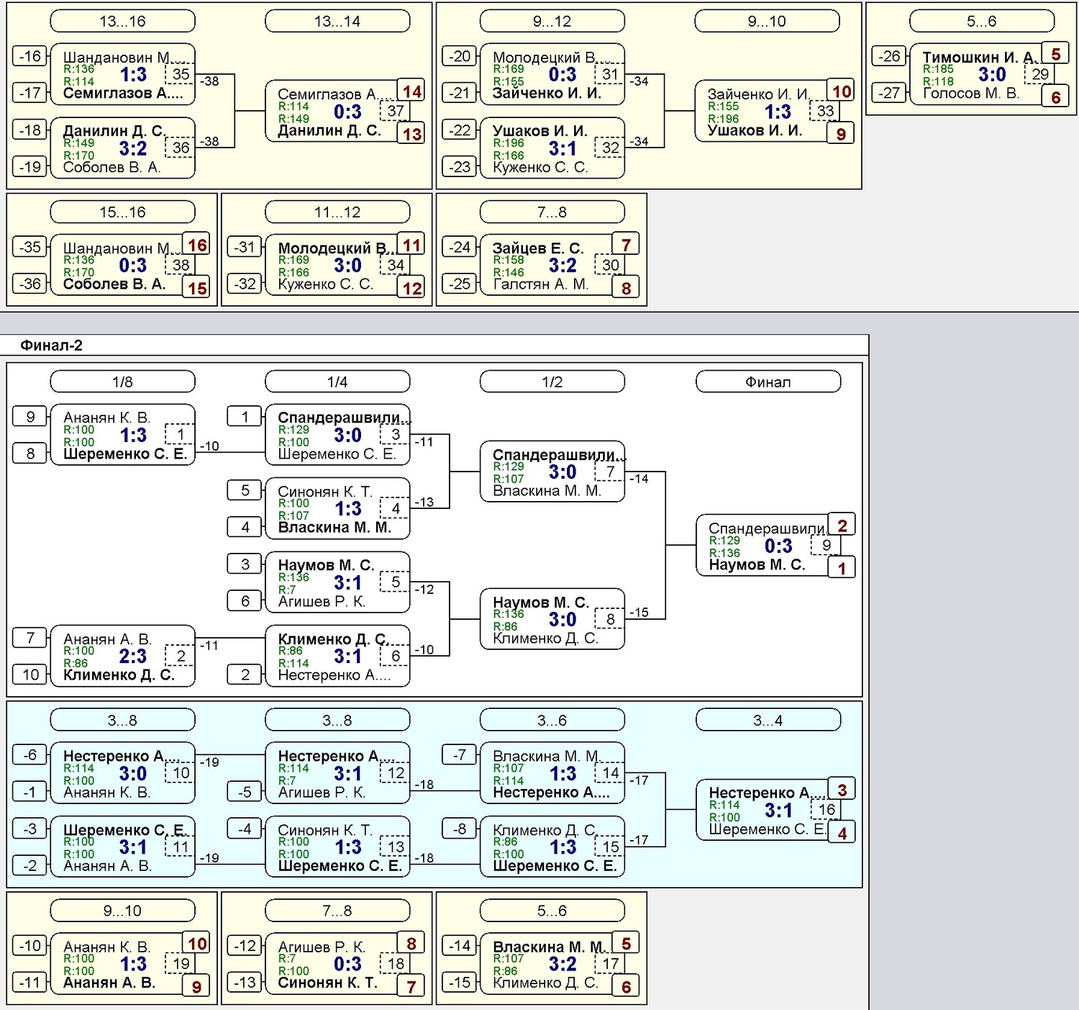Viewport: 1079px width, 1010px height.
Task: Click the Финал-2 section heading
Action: pos(51,346)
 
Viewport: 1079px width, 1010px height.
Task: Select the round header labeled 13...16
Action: pos(122,21)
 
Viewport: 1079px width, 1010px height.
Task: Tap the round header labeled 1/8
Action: pos(122,382)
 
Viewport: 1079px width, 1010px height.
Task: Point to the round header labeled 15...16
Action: pos(122,212)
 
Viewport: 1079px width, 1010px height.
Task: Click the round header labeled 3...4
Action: pos(768,720)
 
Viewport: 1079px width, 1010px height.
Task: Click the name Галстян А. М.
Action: pos(541,284)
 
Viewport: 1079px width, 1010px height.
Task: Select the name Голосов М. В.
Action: pos(971,93)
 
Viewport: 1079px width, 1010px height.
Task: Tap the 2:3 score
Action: pos(132,656)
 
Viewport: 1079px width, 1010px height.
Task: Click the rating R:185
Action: pos(938,69)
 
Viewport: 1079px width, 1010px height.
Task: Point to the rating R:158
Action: pos(509,260)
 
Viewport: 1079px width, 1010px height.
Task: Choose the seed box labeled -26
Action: pos(889,56)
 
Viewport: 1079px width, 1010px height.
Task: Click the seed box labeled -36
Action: pos(30,284)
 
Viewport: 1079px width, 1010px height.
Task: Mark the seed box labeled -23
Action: pos(460,166)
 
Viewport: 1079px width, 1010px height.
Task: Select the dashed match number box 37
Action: pos(395,111)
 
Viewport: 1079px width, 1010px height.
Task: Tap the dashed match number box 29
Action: pos(1039,74)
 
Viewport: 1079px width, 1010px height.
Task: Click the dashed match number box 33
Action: pos(825,111)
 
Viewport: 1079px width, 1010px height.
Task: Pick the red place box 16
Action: pos(196,245)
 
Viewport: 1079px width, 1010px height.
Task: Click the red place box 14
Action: pos(411,91)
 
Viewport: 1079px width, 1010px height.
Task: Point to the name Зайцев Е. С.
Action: pos(538,248)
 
